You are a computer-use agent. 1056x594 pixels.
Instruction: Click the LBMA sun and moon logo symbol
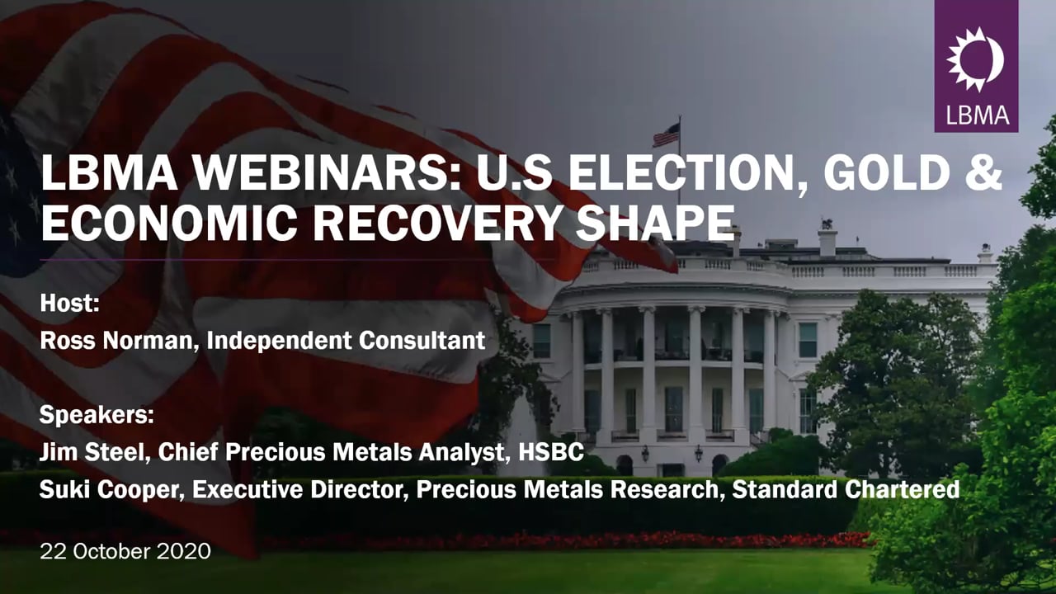975,59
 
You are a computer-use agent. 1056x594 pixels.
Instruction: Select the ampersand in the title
985,172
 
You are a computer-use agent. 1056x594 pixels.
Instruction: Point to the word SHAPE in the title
655,223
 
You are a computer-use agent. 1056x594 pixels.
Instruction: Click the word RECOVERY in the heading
436,223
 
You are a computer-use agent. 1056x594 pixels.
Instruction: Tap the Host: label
70,303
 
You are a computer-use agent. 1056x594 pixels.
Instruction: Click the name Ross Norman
116,341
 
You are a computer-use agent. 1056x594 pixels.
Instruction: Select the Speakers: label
97,415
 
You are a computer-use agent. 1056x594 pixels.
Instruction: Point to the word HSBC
551,452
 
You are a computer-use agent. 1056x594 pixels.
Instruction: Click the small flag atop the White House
667,135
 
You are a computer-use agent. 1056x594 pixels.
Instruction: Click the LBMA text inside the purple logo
978,115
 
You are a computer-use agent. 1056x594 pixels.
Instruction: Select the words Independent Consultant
346,341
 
